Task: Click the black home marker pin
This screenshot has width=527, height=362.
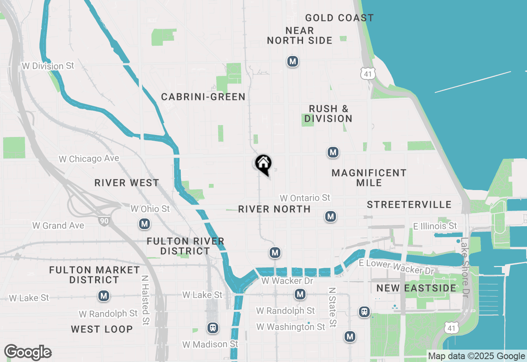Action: pyautogui.click(x=263, y=164)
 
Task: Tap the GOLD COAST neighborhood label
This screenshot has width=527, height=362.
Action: pyautogui.click(x=339, y=18)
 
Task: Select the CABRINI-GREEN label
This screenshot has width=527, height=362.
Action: pyautogui.click(x=203, y=97)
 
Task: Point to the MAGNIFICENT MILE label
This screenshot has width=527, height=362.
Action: pyautogui.click(x=369, y=178)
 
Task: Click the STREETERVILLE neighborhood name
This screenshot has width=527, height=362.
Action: pyautogui.click(x=409, y=205)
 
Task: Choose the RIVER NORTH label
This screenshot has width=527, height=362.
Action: pyautogui.click(x=274, y=209)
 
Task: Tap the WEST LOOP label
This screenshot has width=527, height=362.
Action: pyautogui.click(x=102, y=329)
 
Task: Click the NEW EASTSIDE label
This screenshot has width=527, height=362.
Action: pyautogui.click(x=416, y=288)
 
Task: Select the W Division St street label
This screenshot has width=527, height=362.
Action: pyautogui.click(x=48, y=66)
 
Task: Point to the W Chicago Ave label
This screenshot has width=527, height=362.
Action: pyautogui.click(x=89, y=159)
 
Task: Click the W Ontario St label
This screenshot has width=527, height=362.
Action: pyautogui.click(x=305, y=198)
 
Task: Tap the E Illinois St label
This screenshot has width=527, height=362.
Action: pyautogui.click(x=435, y=226)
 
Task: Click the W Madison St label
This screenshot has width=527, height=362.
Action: pyautogui.click(x=210, y=344)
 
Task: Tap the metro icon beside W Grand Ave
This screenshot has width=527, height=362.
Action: pyautogui.click(x=144, y=224)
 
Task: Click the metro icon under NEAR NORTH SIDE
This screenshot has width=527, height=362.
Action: pyautogui.click(x=292, y=62)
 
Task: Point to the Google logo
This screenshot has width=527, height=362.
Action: pyautogui.click(x=28, y=353)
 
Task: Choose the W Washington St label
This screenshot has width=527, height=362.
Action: pyautogui.click(x=291, y=327)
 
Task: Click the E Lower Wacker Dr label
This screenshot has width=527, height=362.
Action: pyautogui.click(x=396, y=267)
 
